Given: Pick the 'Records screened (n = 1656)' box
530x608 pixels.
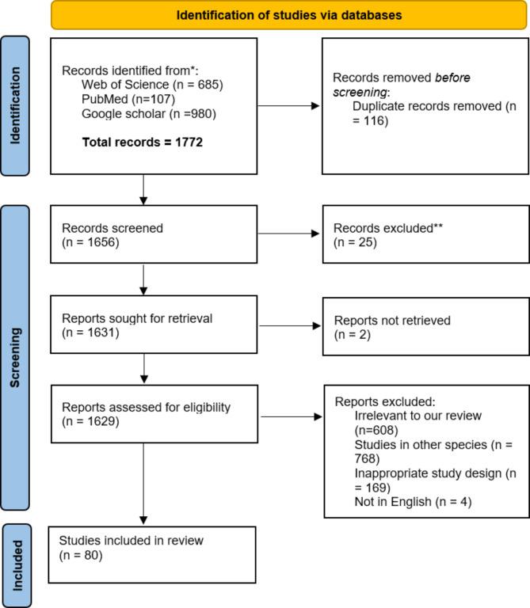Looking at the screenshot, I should [x=153, y=234].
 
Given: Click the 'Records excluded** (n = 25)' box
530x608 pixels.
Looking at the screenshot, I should [x=425, y=234].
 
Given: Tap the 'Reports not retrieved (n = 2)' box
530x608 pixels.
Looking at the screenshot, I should [x=425, y=326].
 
